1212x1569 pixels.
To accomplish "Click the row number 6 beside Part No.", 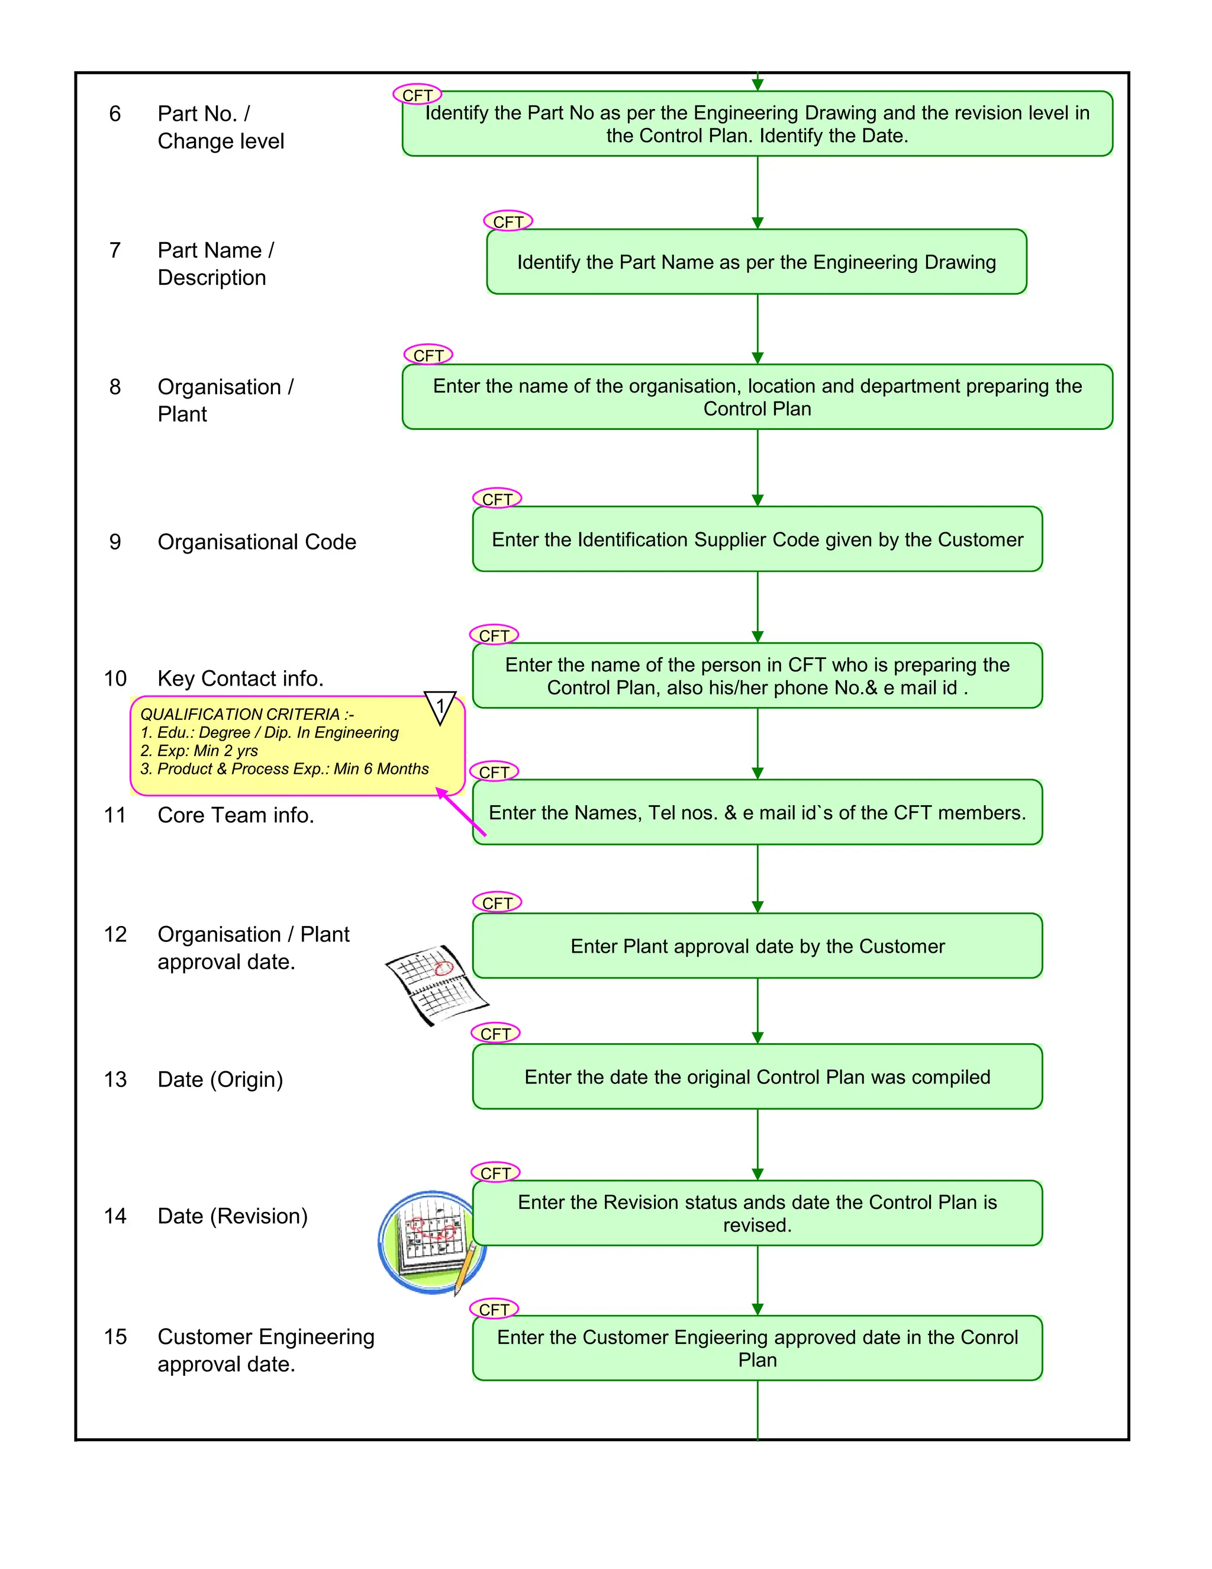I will pos(115,114).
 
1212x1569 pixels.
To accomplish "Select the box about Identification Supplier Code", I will pos(757,539).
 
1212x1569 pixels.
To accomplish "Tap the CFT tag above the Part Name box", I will pos(508,221).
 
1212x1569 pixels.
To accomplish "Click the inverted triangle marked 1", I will pos(440,707).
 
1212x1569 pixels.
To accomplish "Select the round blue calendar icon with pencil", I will pos(431,1243).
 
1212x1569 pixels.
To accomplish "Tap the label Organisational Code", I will pos(256,542).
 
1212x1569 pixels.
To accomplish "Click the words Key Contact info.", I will pos(240,678).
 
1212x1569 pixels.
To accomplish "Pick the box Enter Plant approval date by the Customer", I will pos(757,946).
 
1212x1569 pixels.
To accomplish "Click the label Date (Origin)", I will pos(220,1079).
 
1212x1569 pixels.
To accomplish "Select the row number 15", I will pos(115,1337).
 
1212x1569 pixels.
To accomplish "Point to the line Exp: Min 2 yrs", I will pos(199,751).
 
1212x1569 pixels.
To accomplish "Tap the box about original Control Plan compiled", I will pos(757,1077).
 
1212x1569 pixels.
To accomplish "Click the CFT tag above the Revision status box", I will pos(495,1172).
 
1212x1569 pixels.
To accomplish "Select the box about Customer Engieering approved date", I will pos(757,1348).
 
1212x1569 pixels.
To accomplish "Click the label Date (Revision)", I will pos(232,1216).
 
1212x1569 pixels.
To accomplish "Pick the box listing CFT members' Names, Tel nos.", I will pos(757,812).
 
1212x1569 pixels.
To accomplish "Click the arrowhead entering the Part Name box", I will pos(757,223).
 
